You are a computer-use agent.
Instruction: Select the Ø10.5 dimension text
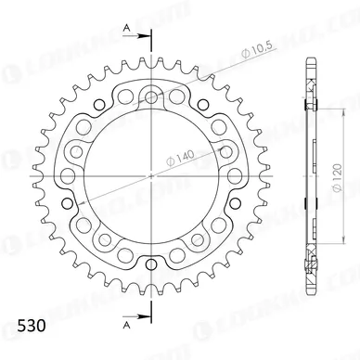[x=204, y=66]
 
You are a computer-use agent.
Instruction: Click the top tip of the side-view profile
[x=306, y=61]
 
